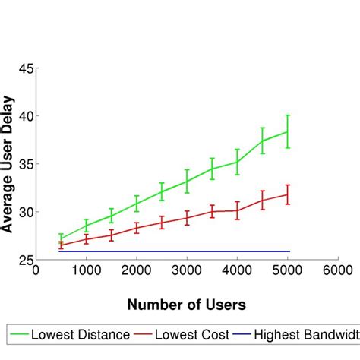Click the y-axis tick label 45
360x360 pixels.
pyautogui.click(x=24, y=68)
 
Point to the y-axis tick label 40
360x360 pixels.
pyautogui.click(x=24, y=116)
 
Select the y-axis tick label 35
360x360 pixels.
pyautogui.click(x=24, y=164)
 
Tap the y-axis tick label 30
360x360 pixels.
pyautogui.click(x=24, y=212)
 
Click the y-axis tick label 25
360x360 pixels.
pyautogui.click(x=24, y=259)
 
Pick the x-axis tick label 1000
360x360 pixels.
pyautogui.click(x=86, y=270)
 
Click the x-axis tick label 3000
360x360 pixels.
pyautogui.click(x=187, y=270)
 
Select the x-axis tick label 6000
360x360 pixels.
pyautogui.click(x=337, y=270)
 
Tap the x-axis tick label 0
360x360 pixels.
pyautogui.click(x=36, y=270)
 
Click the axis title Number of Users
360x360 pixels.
pyautogui.click(x=186, y=305)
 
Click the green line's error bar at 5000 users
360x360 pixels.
pyautogui.click(x=288, y=131)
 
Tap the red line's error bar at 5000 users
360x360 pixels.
pyautogui.click(x=288, y=194)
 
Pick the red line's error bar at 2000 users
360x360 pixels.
pyautogui.click(x=137, y=227)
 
